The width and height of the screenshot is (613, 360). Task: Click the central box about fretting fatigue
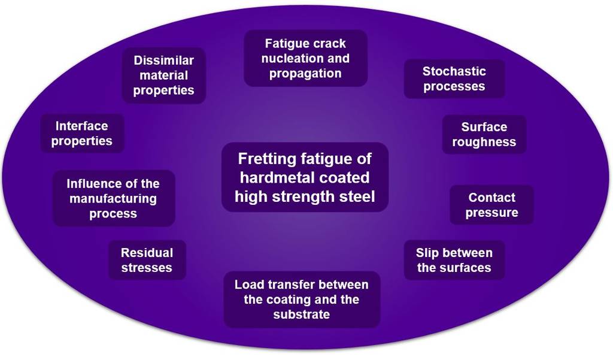(305, 177)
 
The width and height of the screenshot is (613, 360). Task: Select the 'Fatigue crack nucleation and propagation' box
(305, 59)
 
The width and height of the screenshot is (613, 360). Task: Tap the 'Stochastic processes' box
(454, 78)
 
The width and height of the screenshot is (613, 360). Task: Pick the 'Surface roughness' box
(484, 134)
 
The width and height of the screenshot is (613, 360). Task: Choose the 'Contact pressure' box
(491, 205)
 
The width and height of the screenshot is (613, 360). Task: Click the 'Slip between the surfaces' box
(454, 260)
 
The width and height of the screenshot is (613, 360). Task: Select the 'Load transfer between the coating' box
(302, 299)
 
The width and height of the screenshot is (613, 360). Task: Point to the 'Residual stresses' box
(147, 260)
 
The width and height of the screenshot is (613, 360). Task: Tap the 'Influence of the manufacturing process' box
(113, 198)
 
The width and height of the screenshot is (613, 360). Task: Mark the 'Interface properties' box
(82, 134)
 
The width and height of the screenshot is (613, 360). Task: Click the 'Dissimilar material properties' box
(163, 75)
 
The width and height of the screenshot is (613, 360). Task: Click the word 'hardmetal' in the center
(269, 178)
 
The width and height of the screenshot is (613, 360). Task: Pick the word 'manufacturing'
(113, 198)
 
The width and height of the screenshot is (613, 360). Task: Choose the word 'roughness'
(484, 143)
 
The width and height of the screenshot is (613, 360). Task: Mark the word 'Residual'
(147, 253)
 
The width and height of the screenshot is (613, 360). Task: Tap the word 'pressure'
(491, 213)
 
